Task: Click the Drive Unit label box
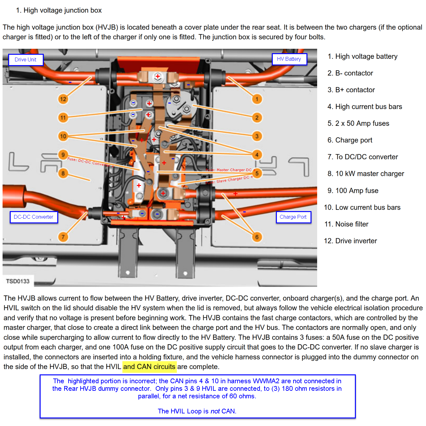[x=25, y=59]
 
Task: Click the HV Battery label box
[x=289, y=59]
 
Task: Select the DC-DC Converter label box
[x=34, y=217]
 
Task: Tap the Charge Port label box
[x=293, y=217]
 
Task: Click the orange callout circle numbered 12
[x=63, y=99]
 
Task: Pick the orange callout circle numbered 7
[x=63, y=237]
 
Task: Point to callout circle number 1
[x=257, y=99]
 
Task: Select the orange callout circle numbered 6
[x=257, y=237]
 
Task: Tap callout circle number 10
[x=63, y=136]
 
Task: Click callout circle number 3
[x=257, y=136]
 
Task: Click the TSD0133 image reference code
[x=18, y=281]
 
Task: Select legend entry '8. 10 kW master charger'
[x=366, y=174]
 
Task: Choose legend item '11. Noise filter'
[x=346, y=224]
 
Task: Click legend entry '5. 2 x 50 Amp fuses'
[x=358, y=123]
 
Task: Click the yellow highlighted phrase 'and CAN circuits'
[x=149, y=367]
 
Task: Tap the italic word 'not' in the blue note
[x=215, y=411]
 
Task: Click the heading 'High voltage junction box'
[x=62, y=10]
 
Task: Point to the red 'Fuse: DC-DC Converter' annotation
[x=90, y=162]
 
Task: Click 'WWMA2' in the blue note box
[x=266, y=381]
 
